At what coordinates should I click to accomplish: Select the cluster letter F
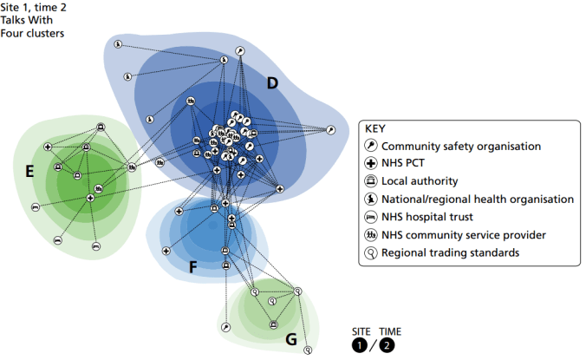tap(193, 267)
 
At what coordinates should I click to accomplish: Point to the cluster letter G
tap(290, 339)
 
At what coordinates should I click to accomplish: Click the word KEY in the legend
tap(378, 128)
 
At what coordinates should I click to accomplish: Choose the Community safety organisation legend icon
tap(370, 146)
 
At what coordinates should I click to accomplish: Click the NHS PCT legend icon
tap(370, 163)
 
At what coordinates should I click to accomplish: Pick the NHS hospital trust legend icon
tap(370, 217)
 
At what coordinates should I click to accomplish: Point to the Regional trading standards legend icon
tap(370, 252)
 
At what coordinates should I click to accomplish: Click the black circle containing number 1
tap(359, 346)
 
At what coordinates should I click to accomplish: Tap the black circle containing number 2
tap(386, 346)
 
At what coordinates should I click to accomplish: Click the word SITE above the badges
tap(361, 331)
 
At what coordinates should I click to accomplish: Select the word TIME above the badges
tap(389, 331)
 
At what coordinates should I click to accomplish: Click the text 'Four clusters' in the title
tap(33, 33)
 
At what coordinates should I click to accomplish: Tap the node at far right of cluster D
tap(330, 130)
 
